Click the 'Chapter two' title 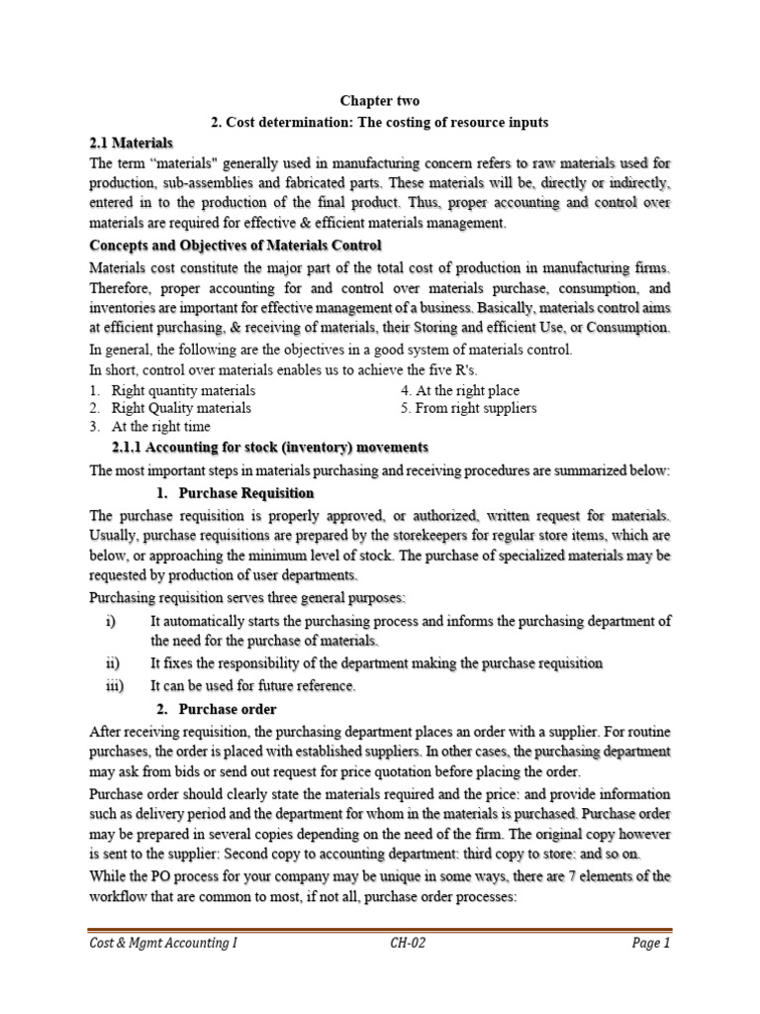(x=380, y=101)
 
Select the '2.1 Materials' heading (x=131, y=144)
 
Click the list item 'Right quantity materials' (x=183, y=390)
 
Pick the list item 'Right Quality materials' (x=181, y=408)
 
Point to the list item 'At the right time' (x=160, y=427)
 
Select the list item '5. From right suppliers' (x=469, y=408)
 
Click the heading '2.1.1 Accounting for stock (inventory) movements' (x=270, y=448)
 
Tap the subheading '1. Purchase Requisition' (x=236, y=493)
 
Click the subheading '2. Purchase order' (x=217, y=709)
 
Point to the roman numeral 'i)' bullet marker (x=110, y=621)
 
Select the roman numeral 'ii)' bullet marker (x=112, y=662)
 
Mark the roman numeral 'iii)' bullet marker (x=114, y=685)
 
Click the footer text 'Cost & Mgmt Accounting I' (x=163, y=944)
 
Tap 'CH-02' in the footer (x=408, y=944)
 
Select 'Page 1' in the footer (x=651, y=944)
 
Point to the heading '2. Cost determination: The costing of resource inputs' (x=380, y=122)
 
